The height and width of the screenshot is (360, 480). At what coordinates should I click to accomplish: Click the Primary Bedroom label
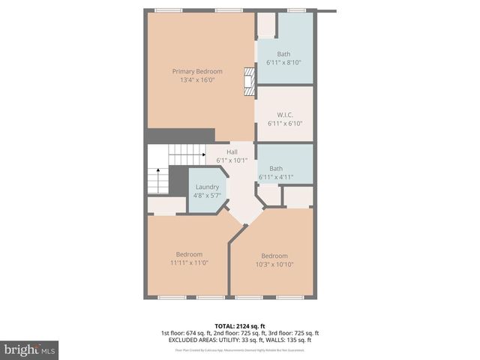[197, 71]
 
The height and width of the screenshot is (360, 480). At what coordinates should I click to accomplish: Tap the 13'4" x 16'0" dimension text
[197, 79]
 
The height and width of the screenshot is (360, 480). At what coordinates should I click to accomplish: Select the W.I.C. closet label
[283, 115]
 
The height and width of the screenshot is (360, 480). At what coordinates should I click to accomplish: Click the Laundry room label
[207, 187]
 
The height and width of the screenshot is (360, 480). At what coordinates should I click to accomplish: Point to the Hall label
[232, 151]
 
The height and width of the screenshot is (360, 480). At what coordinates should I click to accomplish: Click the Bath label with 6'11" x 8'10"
[283, 54]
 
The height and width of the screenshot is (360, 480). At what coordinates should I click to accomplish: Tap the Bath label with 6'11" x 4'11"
[276, 169]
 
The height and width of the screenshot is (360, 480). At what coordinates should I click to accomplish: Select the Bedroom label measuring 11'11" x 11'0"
[189, 254]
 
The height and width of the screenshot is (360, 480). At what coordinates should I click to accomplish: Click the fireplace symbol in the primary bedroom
[249, 81]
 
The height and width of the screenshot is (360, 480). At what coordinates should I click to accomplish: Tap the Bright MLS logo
[29, 349]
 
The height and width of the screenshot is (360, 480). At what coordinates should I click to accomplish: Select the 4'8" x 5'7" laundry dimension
[207, 195]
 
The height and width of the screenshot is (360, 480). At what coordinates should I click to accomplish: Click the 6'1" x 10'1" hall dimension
[232, 160]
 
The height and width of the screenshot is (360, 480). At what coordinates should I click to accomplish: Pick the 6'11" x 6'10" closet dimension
[283, 123]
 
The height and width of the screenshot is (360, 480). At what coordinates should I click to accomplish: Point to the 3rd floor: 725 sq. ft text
[292, 332]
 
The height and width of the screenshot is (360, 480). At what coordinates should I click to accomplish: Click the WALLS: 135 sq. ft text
[289, 340]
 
